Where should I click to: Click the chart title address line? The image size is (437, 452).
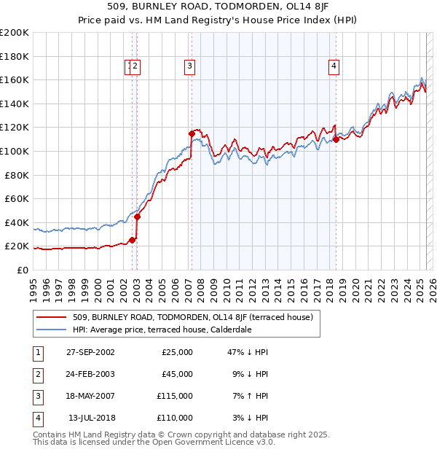[x=218, y=9]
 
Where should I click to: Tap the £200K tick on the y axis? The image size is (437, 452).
[x=15, y=33]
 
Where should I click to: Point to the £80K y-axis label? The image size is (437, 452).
[x=17, y=175]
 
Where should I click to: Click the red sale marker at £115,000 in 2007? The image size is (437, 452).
[x=191, y=133]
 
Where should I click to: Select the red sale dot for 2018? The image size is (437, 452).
[x=336, y=139]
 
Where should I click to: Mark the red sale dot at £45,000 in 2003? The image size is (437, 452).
[x=137, y=217]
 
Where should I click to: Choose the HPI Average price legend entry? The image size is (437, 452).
[x=162, y=330]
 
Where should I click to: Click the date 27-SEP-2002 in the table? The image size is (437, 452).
[x=90, y=352]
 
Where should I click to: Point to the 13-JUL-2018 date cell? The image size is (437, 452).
[x=90, y=418]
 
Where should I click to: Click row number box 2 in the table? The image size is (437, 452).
[x=37, y=374]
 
